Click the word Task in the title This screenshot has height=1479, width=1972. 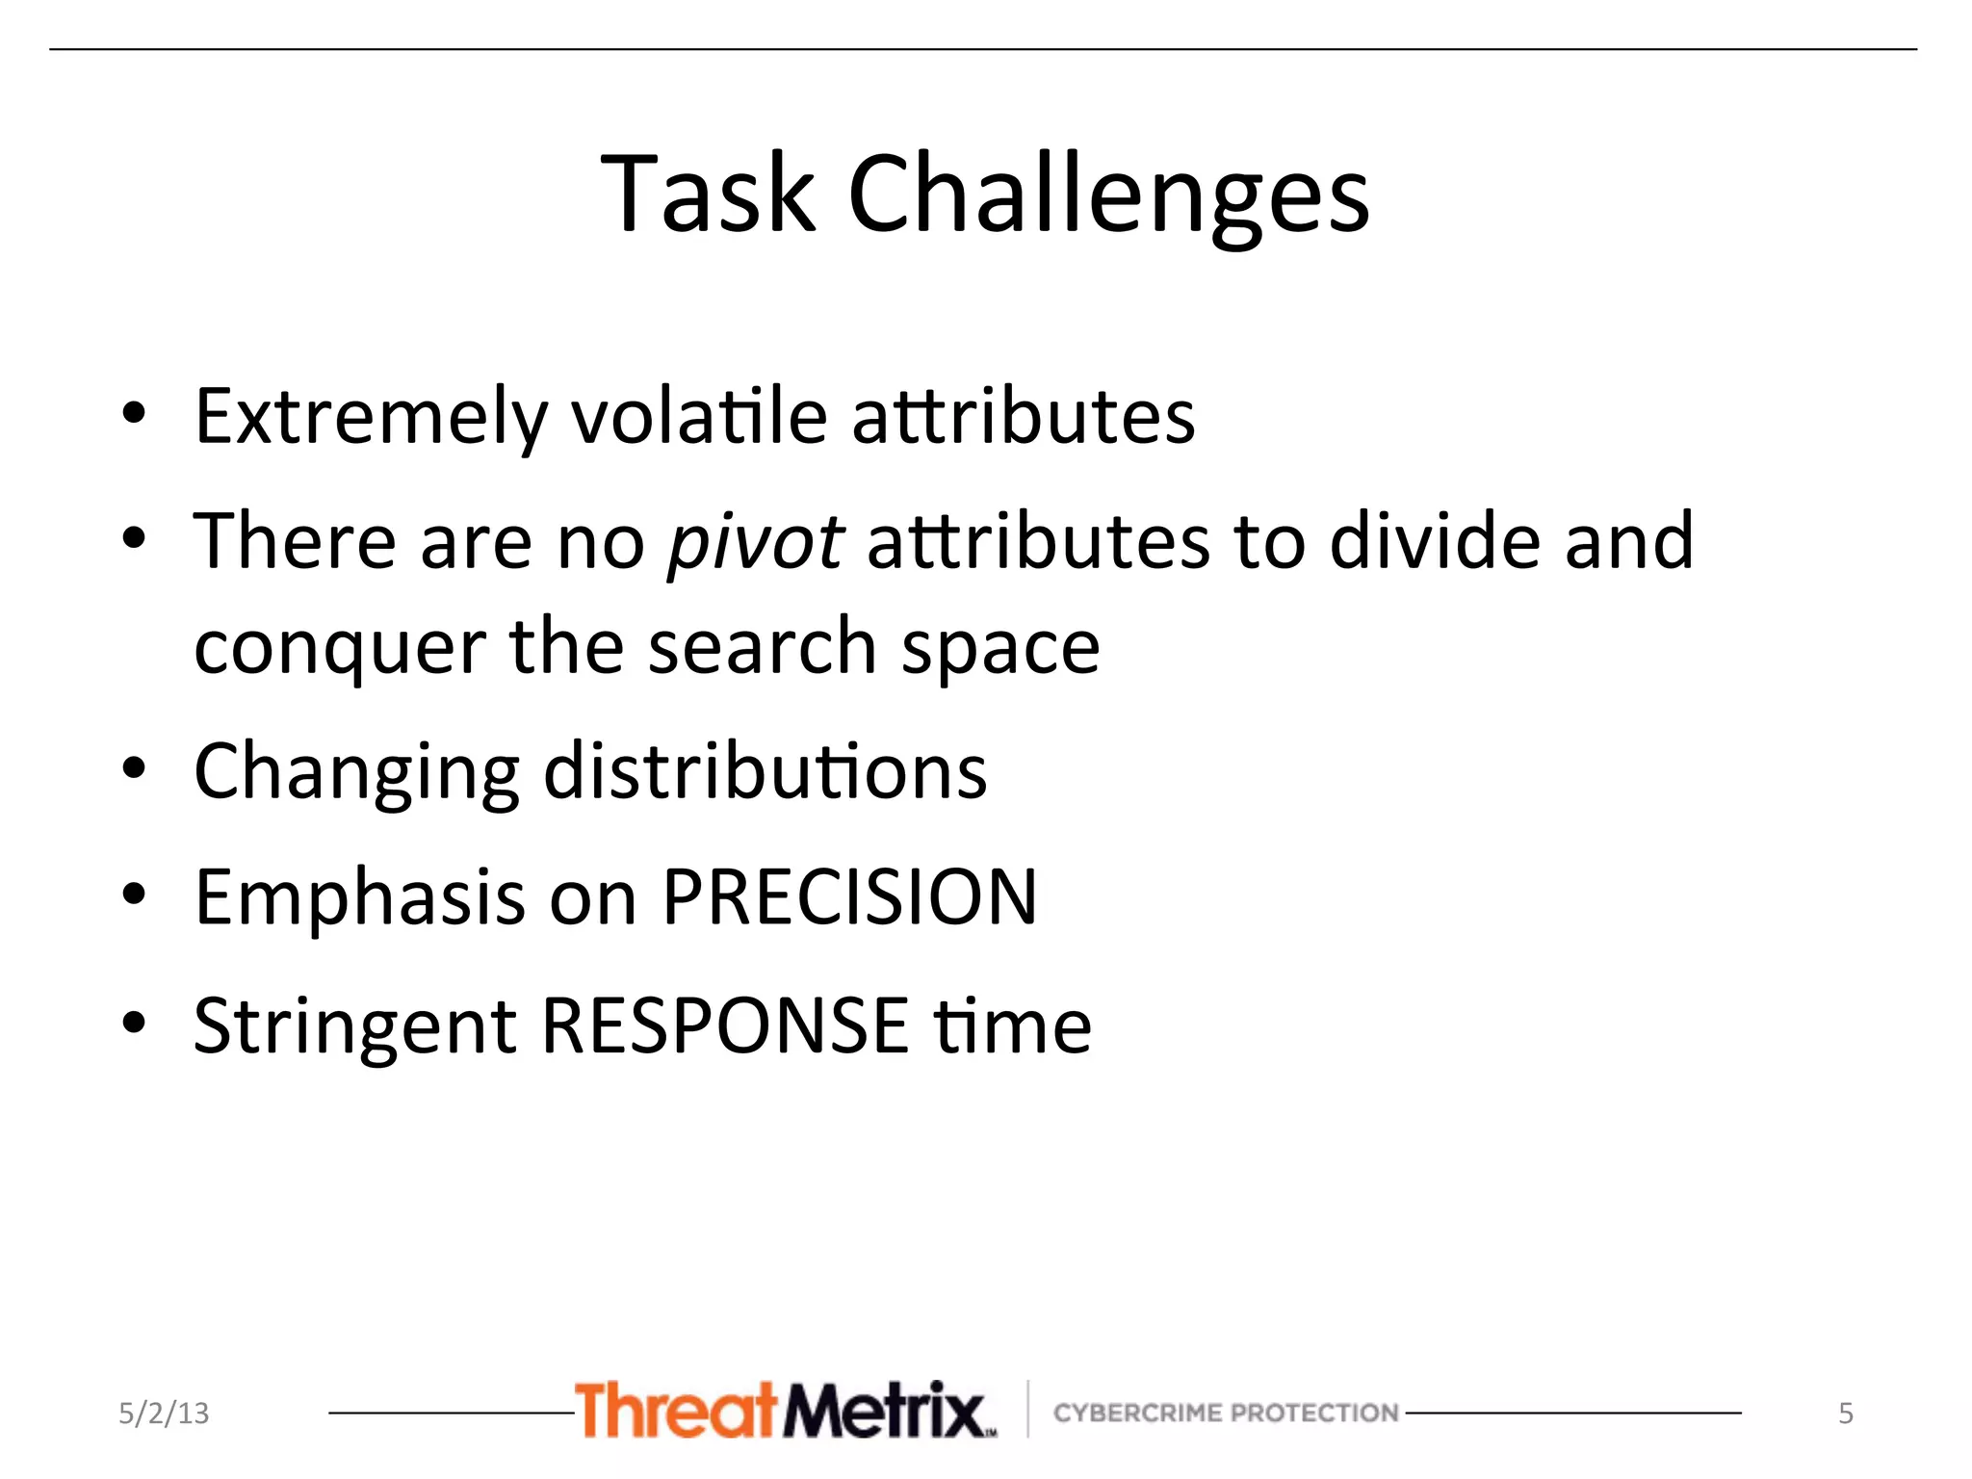708,195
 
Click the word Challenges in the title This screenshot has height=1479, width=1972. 1107,195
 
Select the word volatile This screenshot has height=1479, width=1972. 699,418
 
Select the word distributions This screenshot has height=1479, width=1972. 765,772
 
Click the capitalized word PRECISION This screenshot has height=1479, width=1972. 850,897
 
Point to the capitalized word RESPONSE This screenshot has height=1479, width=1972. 725,1025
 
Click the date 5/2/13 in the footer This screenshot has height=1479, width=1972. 164,1413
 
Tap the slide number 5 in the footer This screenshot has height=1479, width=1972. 1845,1414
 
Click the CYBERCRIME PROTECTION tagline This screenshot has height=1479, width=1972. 1225,1413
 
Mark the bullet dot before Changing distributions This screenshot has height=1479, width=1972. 134,769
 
